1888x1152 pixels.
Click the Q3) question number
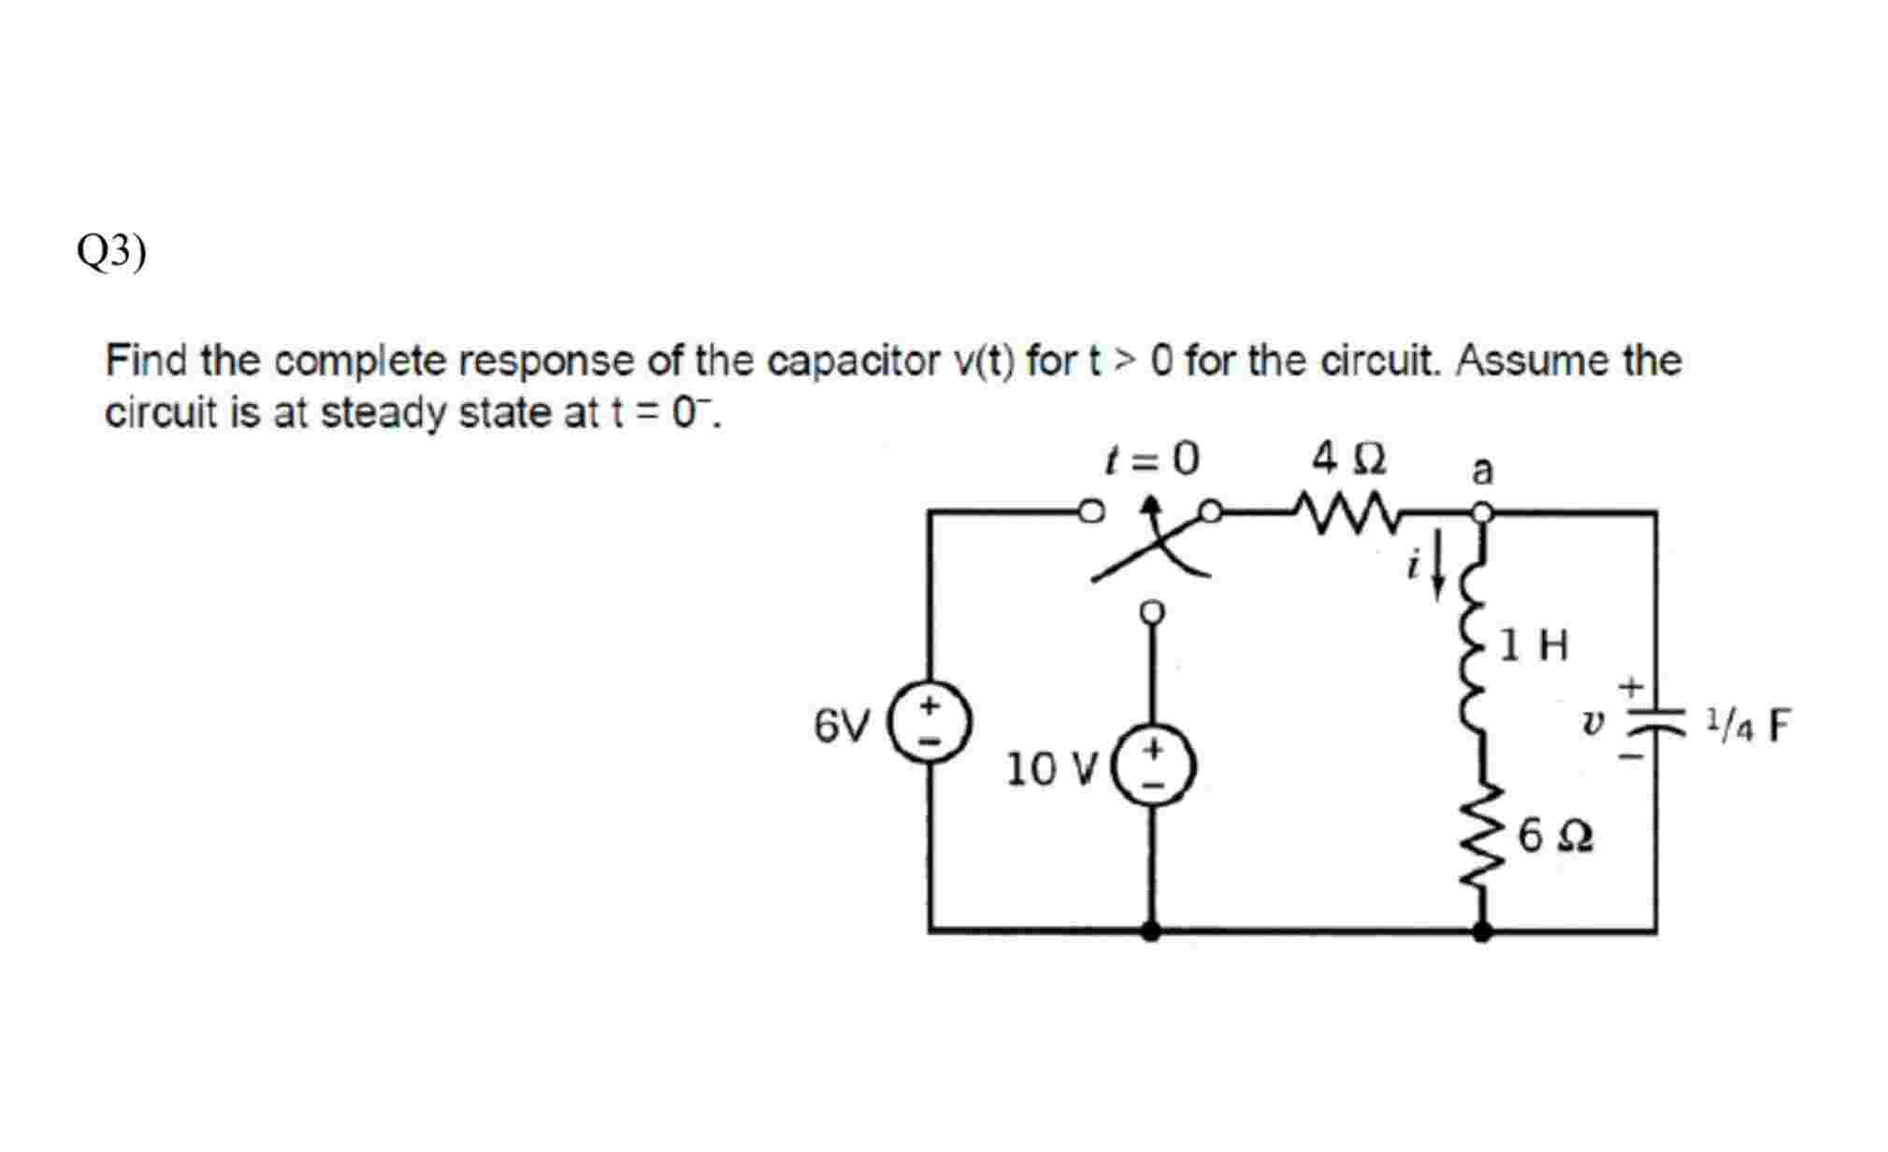(111, 252)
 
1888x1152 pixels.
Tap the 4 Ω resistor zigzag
(1338, 512)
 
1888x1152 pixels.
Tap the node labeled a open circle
(1481, 512)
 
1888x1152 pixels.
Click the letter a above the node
(1481, 469)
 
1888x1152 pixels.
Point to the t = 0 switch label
(1151, 459)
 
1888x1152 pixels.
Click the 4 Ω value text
(1348, 458)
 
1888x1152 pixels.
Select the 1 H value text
(1535, 645)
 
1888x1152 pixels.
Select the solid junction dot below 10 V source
(1151, 929)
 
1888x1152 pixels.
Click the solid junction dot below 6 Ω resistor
(1481, 929)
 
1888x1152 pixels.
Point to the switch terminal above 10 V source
(1152, 612)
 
